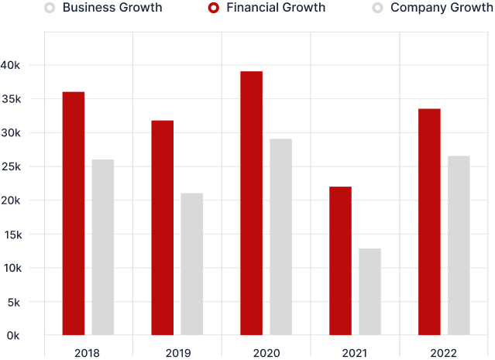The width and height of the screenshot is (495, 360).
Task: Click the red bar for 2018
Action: pos(74,213)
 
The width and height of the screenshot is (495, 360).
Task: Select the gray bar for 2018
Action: pos(103,247)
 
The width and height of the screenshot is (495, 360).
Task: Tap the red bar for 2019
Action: pos(163,228)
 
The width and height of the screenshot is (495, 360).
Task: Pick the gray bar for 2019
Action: pos(192,264)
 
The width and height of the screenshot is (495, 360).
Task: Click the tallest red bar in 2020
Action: pos(251,203)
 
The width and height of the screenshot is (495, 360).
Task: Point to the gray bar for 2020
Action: pos(281,237)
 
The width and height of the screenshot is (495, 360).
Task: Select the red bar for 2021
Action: pos(340,261)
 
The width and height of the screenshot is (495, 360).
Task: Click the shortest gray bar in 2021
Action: pos(370,292)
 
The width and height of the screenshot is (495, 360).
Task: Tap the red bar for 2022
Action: pos(429,221)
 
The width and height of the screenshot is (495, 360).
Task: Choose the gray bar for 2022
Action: pos(459,245)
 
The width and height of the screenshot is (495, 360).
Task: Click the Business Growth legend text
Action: pos(112,8)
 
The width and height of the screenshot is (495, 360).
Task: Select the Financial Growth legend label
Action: pos(276,8)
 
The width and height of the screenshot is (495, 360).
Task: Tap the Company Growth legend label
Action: pos(442,8)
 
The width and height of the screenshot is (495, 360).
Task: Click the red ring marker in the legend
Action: pos(213,8)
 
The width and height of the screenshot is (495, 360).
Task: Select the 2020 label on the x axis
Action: pos(266,353)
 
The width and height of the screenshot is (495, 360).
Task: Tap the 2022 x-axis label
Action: pos(445,353)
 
